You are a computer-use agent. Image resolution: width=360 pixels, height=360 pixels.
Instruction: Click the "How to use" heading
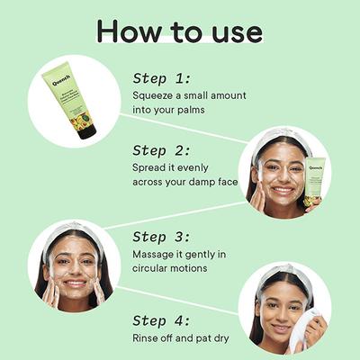[180, 31]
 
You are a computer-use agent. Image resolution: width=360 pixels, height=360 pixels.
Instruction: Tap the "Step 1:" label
[163, 78]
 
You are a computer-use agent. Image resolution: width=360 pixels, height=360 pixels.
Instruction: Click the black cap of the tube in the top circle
[86, 130]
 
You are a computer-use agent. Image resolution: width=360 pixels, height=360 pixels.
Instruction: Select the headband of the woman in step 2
[283, 136]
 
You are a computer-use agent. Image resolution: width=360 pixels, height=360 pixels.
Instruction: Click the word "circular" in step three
[152, 269]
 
